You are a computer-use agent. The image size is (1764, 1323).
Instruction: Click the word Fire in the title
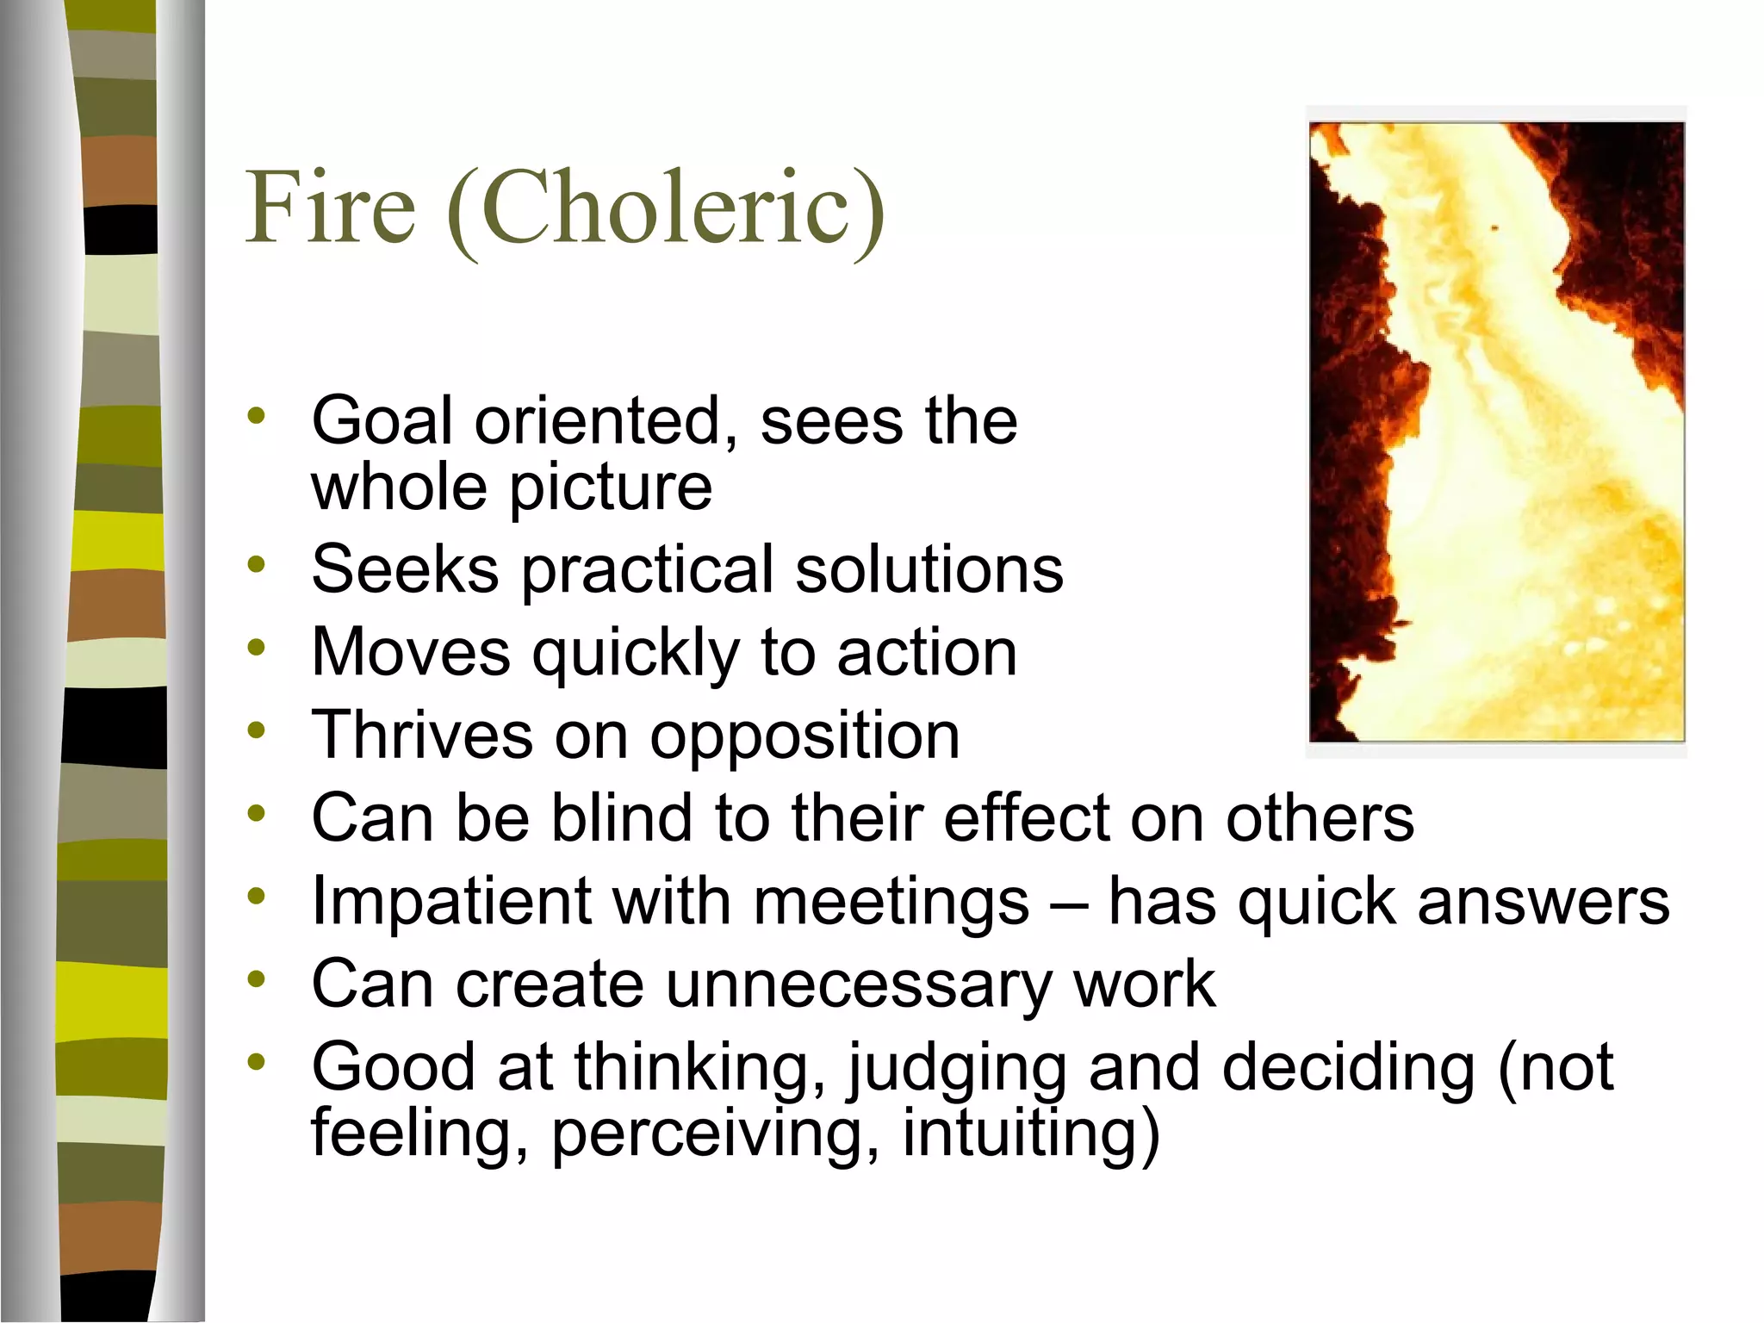tap(331, 207)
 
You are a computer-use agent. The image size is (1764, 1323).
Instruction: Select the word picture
tap(611, 488)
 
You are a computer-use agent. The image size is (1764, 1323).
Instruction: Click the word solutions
tap(929, 569)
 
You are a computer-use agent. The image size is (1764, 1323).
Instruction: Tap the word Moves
tap(411, 652)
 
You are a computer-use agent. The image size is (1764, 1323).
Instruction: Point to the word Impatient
tap(450, 902)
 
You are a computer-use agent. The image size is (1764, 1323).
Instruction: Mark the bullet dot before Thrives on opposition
tap(256, 731)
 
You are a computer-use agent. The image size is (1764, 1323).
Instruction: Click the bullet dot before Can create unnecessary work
tap(256, 979)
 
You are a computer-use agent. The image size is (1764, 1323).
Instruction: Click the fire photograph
tap(1496, 432)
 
